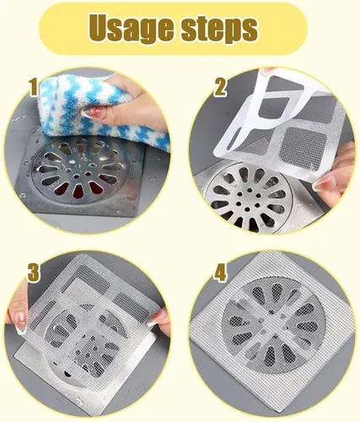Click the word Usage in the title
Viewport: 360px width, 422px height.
click(131, 28)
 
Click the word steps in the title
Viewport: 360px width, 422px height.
click(219, 29)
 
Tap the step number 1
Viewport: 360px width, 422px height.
click(34, 87)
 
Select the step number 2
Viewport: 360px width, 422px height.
click(220, 87)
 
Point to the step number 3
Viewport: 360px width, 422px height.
click(34, 273)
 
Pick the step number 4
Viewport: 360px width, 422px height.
click(220, 273)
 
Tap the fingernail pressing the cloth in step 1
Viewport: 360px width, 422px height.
click(89, 112)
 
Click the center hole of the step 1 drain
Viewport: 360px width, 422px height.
click(77, 176)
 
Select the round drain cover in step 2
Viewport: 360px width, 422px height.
click(249, 200)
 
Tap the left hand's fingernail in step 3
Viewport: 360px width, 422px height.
click(20, 322)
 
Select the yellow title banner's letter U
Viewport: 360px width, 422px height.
click(101, 26)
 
